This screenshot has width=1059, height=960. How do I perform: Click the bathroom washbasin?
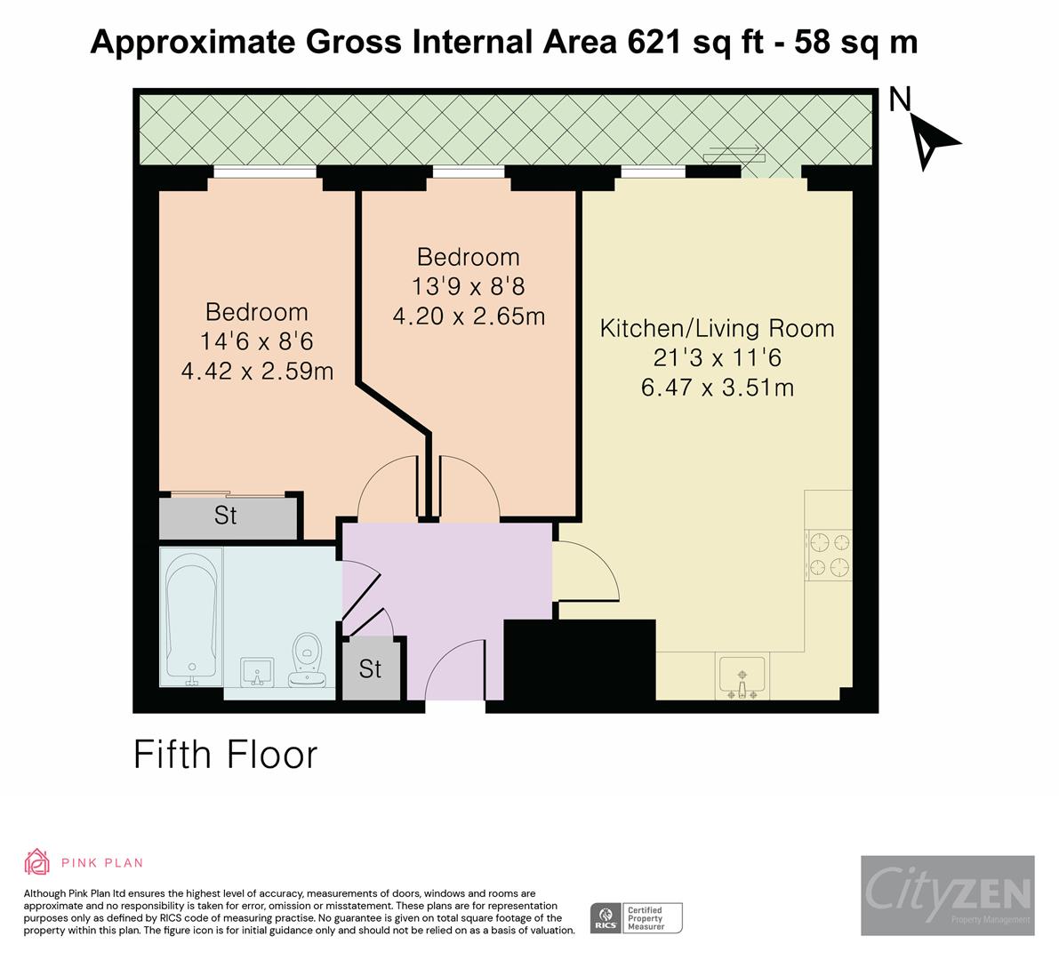click(x=256, y=673)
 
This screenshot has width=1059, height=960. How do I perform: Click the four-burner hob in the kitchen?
click(x=829, y=555)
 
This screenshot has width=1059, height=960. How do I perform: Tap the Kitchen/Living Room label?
click(x=717, y=328)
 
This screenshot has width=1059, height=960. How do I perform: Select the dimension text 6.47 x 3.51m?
click(x=717, y=388)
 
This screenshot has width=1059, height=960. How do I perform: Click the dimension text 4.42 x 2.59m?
click(x=257, y=371)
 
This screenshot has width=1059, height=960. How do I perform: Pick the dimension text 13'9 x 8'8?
click(x=469, y=286)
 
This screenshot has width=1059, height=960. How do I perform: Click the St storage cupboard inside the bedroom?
click(x=227, y=516)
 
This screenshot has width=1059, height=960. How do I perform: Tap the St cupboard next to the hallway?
click(x=370, y=668)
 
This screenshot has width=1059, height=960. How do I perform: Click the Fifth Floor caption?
click(x=226, y=755)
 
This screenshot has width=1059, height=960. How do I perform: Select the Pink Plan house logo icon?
click(x=37, y=861)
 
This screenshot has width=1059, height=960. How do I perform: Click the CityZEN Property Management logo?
click(x=947, y=895)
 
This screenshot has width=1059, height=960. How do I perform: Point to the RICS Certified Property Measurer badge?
click(x=637, y=917)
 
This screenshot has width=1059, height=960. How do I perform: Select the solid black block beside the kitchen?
click(x=579, y=657)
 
